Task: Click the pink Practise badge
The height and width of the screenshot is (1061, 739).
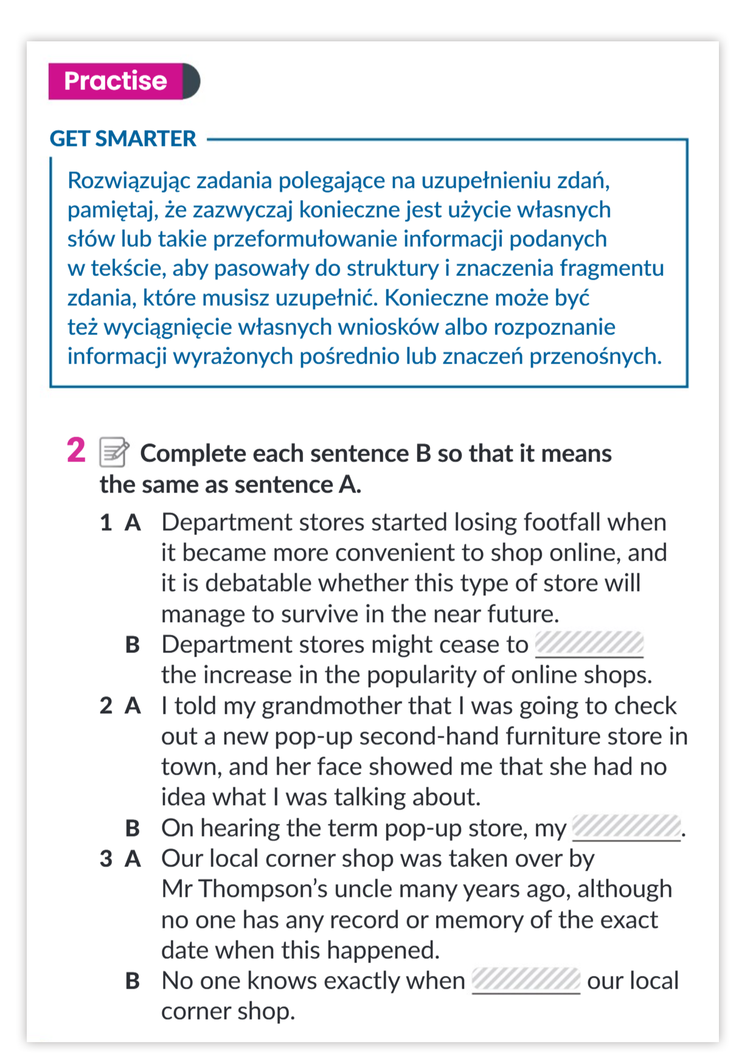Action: (x=116, y=81)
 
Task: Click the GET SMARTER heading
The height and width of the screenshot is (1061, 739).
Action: (x=123, y=139)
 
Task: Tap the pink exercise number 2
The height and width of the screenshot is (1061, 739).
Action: (x=76, y=451)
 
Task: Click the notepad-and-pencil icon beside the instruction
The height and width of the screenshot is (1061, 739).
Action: (x=114, y=452)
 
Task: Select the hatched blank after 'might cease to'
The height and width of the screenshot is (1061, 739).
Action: (x=589, y=643)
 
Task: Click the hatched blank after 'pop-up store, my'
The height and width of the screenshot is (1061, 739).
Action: (x=626, y=828)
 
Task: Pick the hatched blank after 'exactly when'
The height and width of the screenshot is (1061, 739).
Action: (x=526, y=980)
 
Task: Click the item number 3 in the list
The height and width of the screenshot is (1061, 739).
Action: (x=106, y=859)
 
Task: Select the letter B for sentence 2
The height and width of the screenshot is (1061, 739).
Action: (x=133, y=828)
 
